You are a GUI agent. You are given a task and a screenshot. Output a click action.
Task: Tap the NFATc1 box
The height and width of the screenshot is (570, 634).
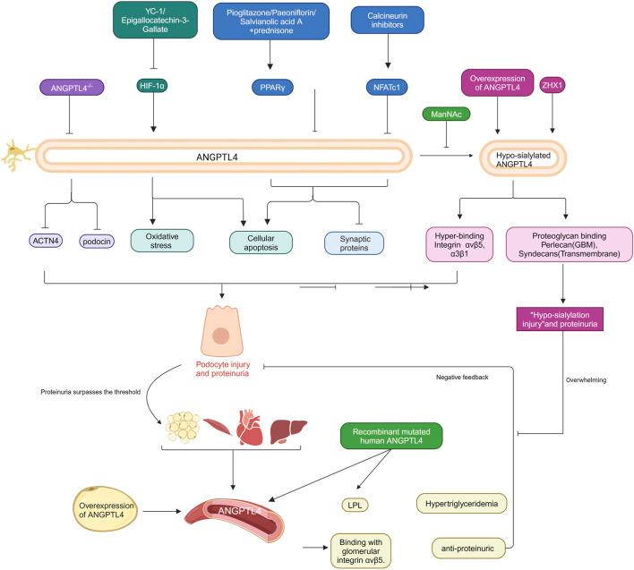pyautogui.click(x=387, y=88)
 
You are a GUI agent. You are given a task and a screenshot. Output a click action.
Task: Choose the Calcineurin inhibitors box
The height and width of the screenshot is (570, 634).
pyautogui.click(x=387, y=21)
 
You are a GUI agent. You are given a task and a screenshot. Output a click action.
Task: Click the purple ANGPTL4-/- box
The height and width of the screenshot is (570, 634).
pyautogui.click(x=68, y=88)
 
